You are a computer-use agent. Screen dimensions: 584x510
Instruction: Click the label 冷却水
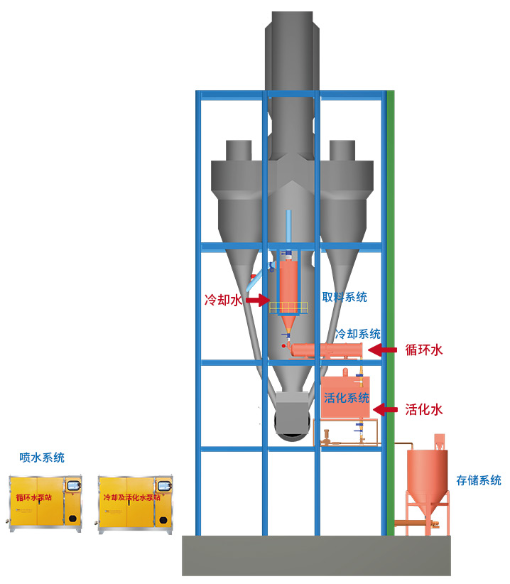point(222,301)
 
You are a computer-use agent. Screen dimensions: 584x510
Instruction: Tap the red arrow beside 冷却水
point(254,302)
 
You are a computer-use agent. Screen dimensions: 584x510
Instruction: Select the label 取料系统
point(344,297)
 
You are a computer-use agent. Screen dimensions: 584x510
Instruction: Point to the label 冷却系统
point(357,333)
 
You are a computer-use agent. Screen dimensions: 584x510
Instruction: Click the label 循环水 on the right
point(424,350)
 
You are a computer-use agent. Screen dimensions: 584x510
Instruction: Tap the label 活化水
point(424,409)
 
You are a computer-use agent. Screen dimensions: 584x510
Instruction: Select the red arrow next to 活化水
point(385,409)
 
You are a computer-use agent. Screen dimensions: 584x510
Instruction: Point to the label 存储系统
point(479,481)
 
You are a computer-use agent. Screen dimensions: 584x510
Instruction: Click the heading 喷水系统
point(42,458)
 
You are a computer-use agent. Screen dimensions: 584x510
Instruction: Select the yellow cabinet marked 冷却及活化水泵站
point(136,503)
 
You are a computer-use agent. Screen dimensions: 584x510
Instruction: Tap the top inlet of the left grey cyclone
point(239,150)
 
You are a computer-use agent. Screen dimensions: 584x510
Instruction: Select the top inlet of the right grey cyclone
point(342,150)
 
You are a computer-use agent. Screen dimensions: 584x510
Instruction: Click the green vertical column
point(390,313)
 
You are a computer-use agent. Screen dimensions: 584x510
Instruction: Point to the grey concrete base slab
point(316,555)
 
